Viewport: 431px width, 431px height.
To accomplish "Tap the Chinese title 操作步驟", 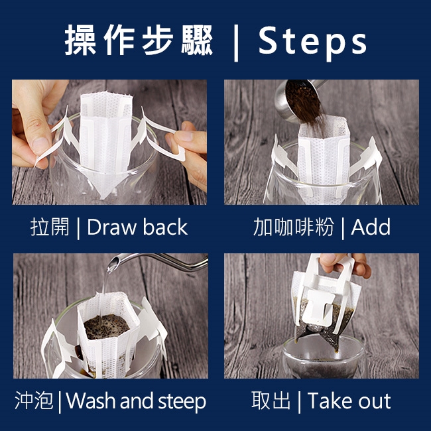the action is click(139, 40).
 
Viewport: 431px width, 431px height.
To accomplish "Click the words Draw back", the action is click(137, 227).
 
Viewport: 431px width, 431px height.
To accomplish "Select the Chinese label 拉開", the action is click(50, 227).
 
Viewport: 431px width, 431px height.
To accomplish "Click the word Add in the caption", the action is click(371, 227).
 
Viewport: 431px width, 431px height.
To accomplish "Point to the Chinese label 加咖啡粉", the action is click(293, 227).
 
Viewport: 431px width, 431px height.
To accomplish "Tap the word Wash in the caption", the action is click(92, 400).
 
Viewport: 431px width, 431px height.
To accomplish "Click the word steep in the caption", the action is click(182, 402).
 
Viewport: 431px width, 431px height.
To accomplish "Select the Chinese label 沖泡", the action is click(34, 400).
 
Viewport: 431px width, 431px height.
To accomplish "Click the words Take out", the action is click(349, 400).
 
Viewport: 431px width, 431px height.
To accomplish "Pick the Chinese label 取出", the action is click(271, 400).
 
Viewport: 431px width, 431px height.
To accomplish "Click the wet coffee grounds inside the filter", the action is click(105, 326).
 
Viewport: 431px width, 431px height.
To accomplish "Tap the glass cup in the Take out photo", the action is click(324, 357).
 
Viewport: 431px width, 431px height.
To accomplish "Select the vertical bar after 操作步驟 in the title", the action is click(236, 43).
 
